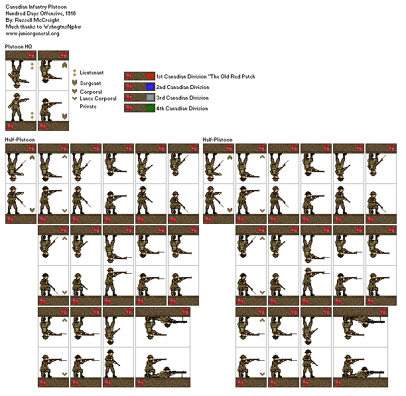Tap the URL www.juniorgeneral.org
pyautogui.click(x=33, y=33)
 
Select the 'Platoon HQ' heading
pyautogui.click(x=19, y=47)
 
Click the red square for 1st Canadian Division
pyautogui.click(x=151, y=76)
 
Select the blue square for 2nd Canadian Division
pyautogui.click(x=151, y=87)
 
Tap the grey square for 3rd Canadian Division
pyautogui.click(x=151, y=98)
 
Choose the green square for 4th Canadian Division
pyautogui.click(x=151, y=108)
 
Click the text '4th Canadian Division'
pyautogui.click(x=182, y=108)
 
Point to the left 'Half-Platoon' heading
pyautogui.click(x=19, y=140)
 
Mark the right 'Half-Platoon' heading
pyautogui.click(x=217, y=140)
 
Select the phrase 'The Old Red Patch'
pyautogui.click(x=231, y=76)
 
